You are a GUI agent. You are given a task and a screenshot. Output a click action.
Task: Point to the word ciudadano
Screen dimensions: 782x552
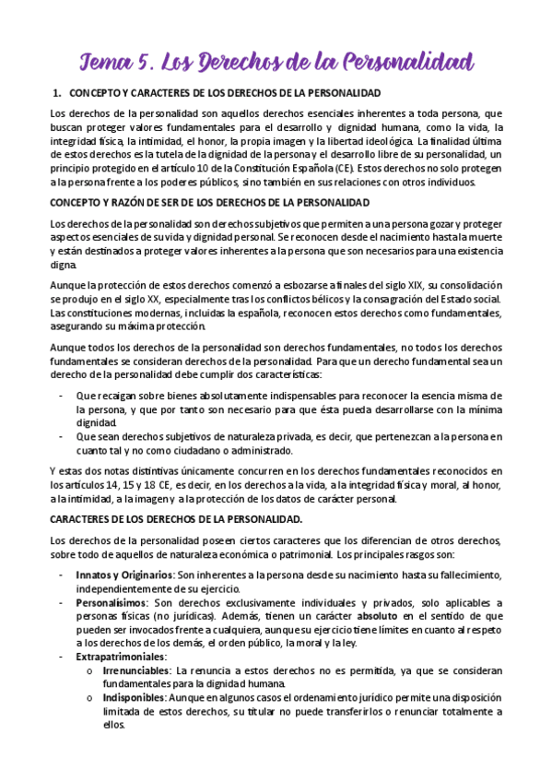210,450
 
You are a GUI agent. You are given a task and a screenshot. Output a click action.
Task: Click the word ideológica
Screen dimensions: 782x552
383,140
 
